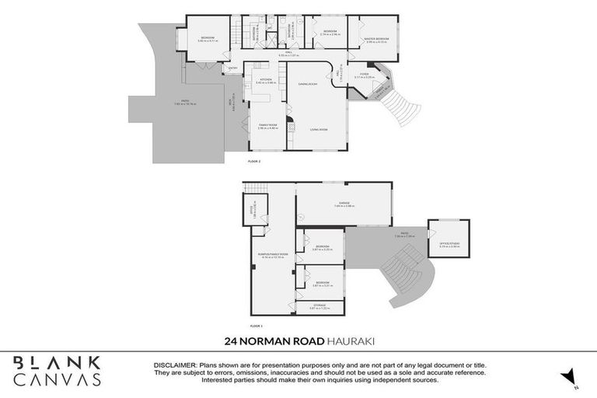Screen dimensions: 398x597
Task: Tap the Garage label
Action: click(344, 203)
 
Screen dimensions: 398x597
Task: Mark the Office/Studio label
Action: click(449, 243)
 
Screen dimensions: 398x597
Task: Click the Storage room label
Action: click(319, 305)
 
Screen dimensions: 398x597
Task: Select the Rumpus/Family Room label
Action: click(273, 254)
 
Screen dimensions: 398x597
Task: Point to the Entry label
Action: click(232, 68)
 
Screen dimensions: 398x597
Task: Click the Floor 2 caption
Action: click(254, 161)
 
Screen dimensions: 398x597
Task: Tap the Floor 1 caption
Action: click(257, 326)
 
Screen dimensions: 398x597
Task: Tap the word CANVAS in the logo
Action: click(57, 380)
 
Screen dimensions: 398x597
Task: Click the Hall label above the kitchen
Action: click(288, 52)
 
